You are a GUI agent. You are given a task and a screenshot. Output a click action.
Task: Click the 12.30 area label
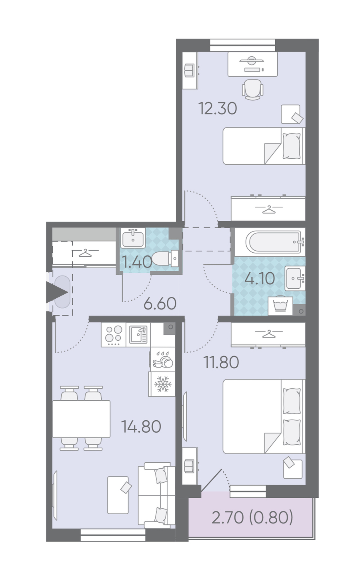click(218, 108)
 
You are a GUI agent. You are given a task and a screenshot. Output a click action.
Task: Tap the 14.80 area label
click(141, 426)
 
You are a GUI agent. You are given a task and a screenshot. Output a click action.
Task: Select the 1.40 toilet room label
click(137, 262)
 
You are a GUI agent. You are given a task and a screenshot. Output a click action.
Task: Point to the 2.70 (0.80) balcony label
click(252, 517)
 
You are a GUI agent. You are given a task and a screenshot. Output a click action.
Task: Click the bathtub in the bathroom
click(274, 242)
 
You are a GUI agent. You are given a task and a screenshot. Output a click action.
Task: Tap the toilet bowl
click(165, 258)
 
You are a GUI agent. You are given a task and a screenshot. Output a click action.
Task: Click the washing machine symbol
click(280, 305)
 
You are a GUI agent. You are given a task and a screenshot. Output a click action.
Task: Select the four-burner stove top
click(114, 335)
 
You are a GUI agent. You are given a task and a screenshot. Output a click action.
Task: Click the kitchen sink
click(138, 335)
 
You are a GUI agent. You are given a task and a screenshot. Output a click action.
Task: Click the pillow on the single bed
click(292, 146)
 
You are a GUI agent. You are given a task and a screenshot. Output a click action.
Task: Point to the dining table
click(81, 419)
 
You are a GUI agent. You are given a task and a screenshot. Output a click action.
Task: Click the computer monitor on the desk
click(252, 61)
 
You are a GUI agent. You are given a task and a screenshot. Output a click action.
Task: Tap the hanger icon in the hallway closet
click(85, 253)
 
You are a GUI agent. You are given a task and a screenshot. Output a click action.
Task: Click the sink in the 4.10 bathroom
click(295, 278)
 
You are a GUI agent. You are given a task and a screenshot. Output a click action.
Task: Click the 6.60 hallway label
click(160, 304)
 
